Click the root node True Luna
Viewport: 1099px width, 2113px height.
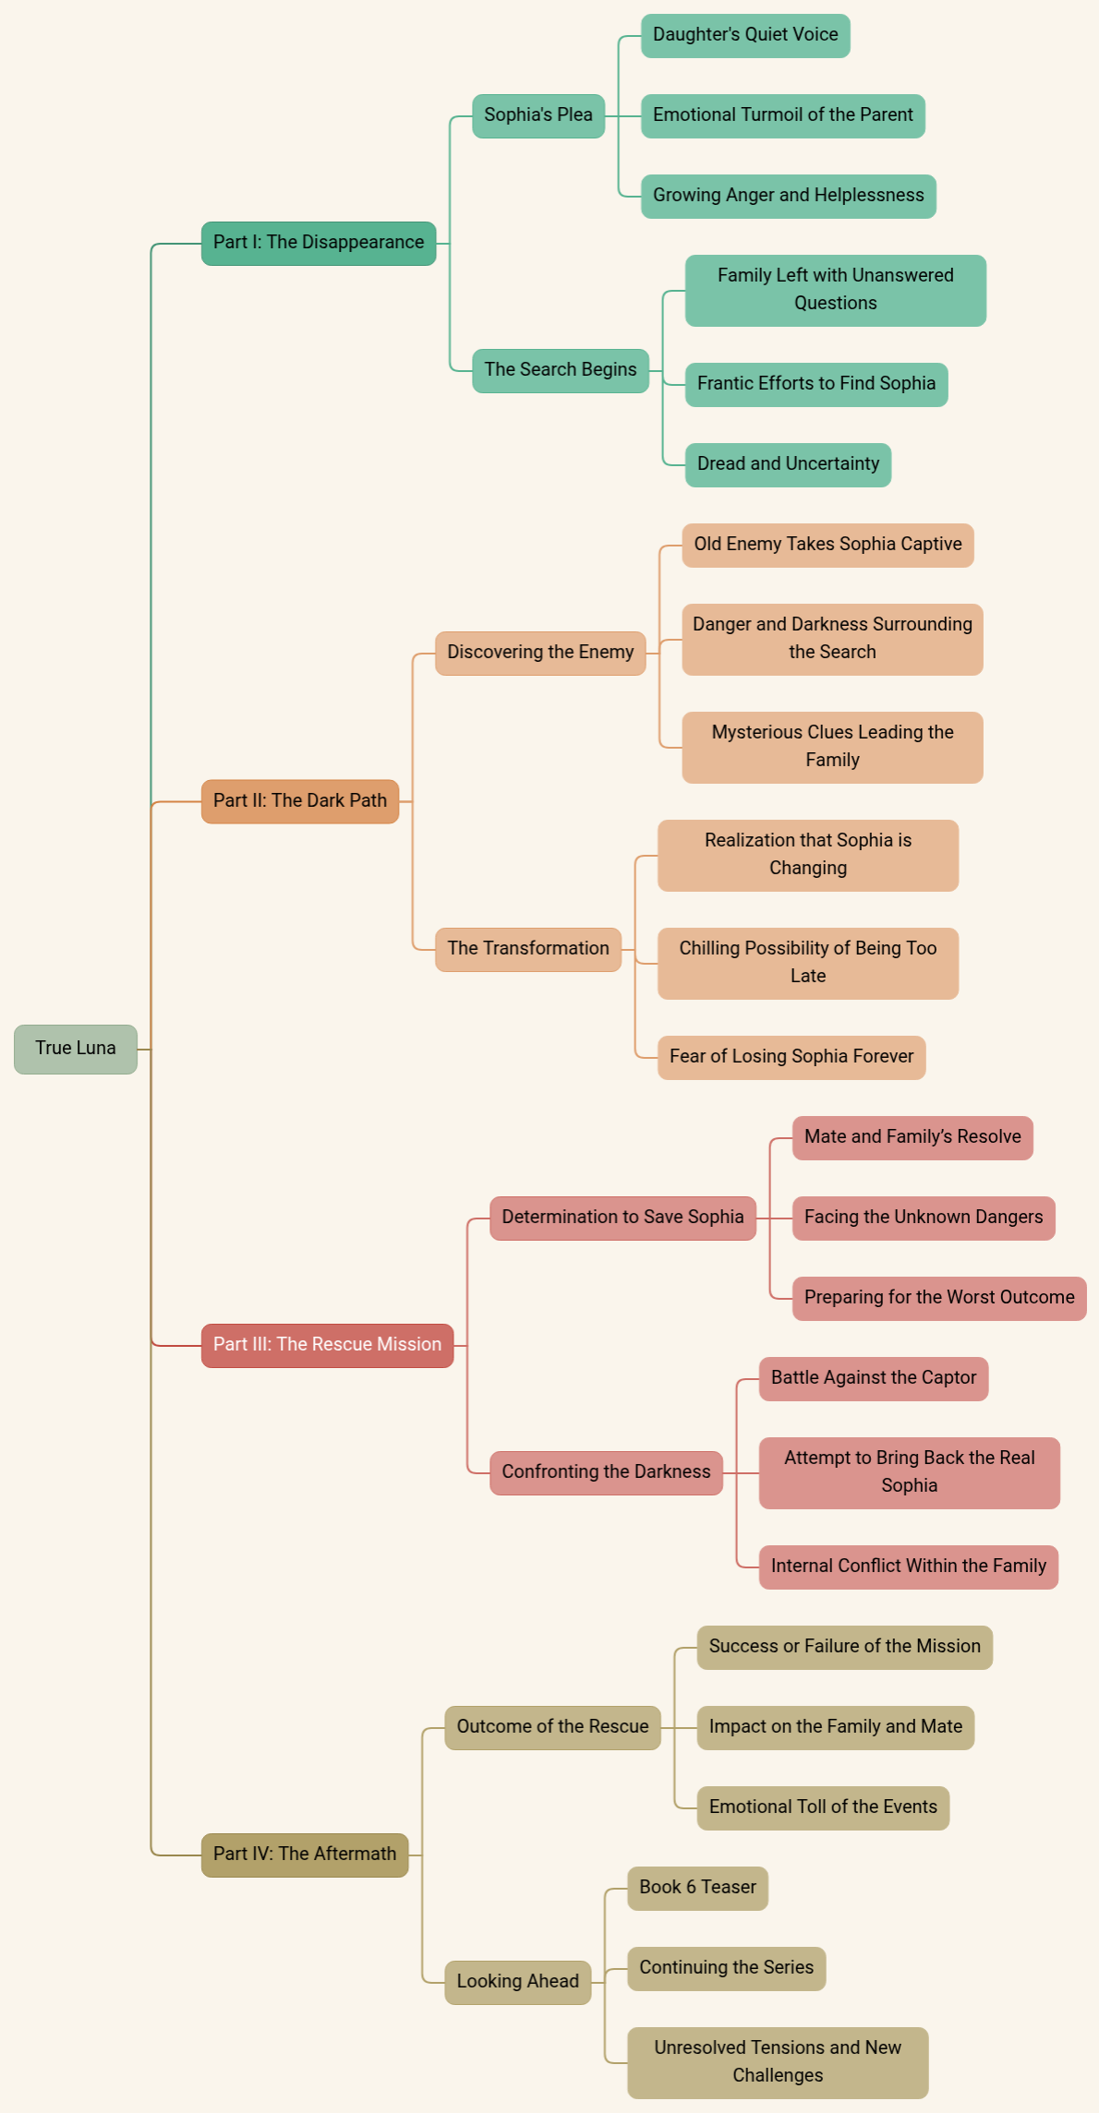click(x=76, y=1049)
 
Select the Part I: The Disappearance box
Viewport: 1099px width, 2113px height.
click(x=319, y=243)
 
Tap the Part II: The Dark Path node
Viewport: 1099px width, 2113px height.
click(x=300, y=801)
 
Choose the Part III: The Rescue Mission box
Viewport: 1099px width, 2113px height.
click(x=327, y=1345)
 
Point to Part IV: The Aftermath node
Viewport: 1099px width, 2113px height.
click(x=305, y=1855)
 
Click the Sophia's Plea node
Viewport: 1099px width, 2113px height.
click(x=538, y=115)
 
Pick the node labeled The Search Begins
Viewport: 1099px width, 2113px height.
click(x=561, y=370)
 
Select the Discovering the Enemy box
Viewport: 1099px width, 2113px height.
click(x=540, y=653)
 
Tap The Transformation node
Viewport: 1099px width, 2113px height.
click(x=528, y=949)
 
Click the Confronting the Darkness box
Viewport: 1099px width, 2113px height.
click(x=606, y=1472)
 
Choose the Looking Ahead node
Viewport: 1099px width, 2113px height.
click(x=517, y=1982)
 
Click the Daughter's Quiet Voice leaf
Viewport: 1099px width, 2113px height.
click(x=745, y=35)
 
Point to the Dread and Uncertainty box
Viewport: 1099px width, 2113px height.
click(x=788, y=464)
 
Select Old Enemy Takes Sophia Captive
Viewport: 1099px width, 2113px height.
click(x=827, y=545)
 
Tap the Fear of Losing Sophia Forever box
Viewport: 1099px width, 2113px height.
click(x=791, y=1057)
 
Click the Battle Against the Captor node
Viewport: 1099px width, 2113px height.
click(x=873, y=1378)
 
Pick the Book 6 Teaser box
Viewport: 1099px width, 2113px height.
click(x=697, y=1888)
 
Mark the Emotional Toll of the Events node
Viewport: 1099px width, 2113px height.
click(x=823, y=1807)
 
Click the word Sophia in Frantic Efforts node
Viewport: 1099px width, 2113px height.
click(x=907, y=384)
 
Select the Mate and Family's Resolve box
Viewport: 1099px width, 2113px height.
click(x=912, y=1137)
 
